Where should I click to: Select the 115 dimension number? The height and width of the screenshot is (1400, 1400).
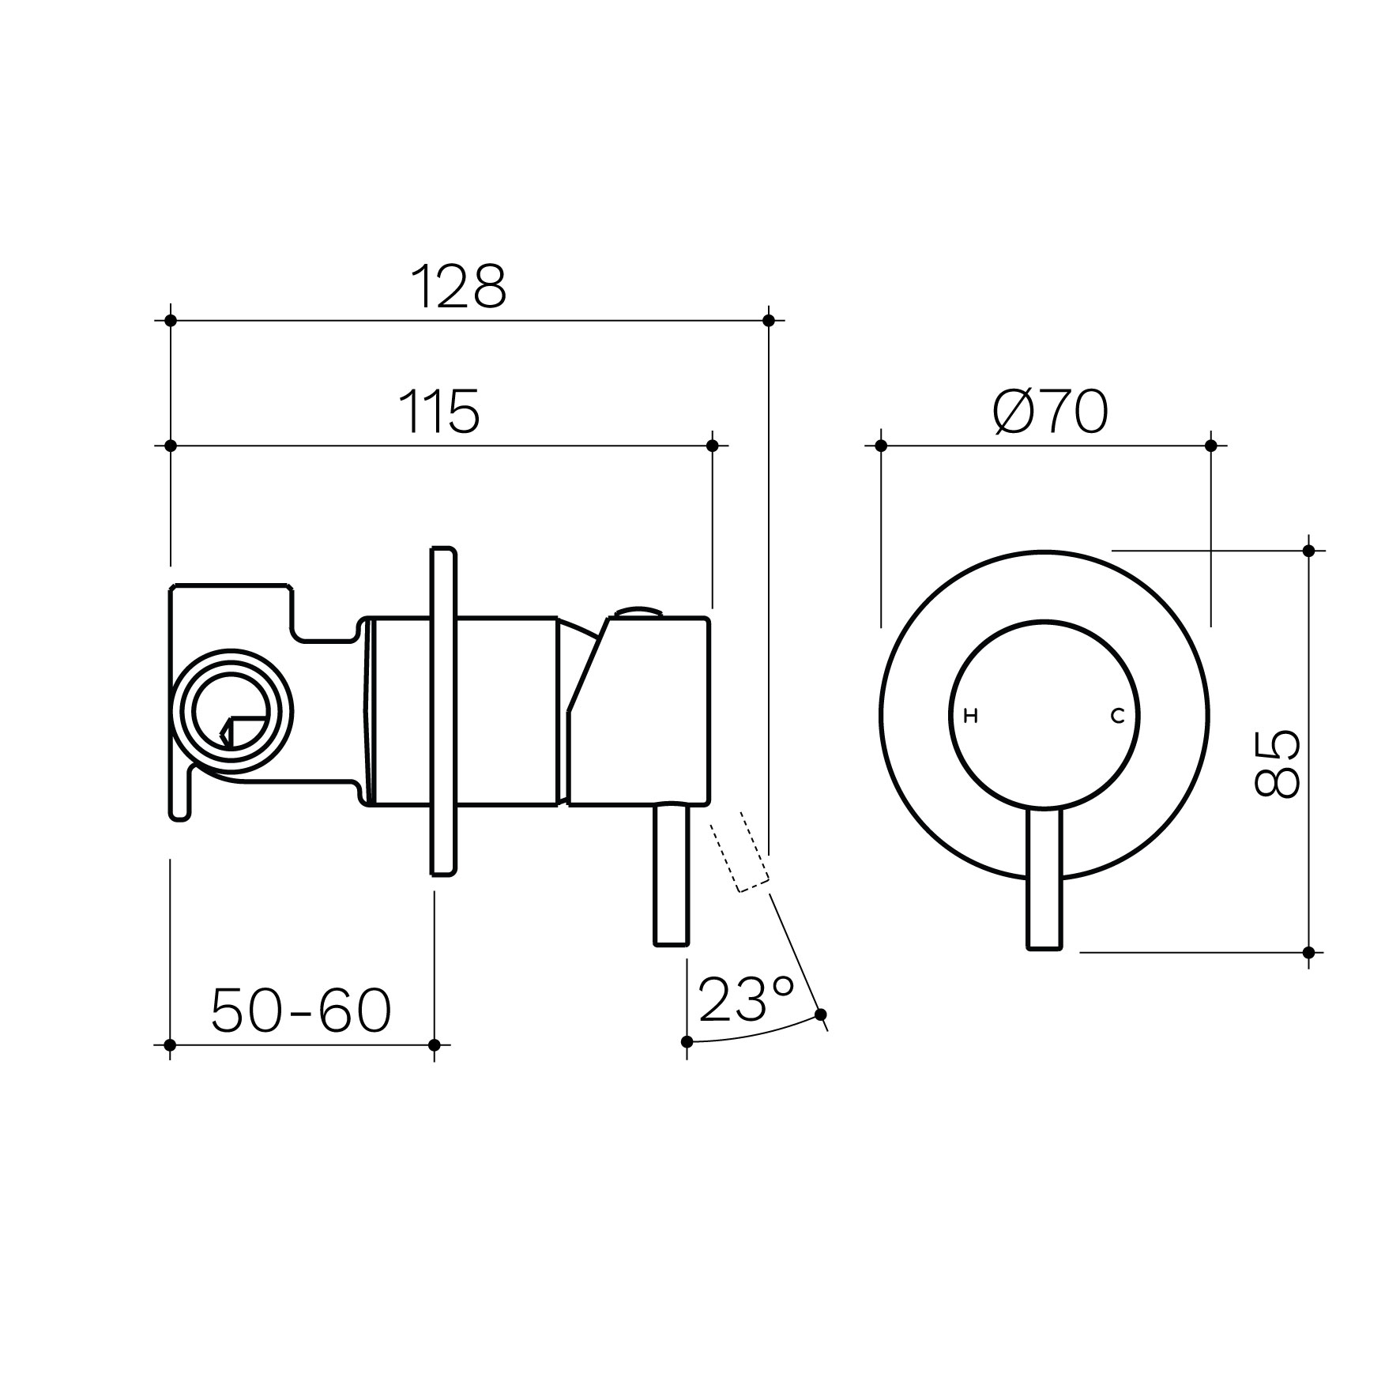click(440, 412)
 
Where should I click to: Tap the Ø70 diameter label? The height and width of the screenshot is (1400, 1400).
click(1050, 412)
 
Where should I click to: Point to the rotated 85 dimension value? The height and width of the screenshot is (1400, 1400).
click(1276, 764)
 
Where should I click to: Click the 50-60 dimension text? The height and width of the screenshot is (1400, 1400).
click(301, 1010)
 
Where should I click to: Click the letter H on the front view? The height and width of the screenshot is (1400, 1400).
click(972, 717)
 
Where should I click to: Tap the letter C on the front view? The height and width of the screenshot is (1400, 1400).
click(1117, 717)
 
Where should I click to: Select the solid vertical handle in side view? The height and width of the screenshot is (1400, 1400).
click(672, 875)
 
